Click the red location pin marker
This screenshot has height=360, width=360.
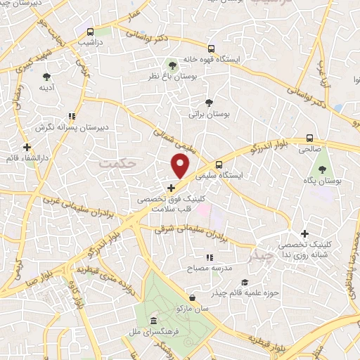(181, 167)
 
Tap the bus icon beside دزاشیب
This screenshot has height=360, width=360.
(90, 32)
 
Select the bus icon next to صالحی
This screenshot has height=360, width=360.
(310, 139)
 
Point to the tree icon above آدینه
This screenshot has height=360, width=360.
(47, 77)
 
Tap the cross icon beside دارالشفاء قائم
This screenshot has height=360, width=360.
(27, 148)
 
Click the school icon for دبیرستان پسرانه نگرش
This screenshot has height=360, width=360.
(70, 117)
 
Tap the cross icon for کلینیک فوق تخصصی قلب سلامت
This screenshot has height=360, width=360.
(172, 188)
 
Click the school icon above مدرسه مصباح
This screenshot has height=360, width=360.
(209, 258)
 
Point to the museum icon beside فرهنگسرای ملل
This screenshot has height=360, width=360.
(153, 321)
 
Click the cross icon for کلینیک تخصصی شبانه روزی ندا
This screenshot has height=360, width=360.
(304, 233)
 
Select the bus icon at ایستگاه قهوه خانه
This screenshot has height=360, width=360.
(211, 49)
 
